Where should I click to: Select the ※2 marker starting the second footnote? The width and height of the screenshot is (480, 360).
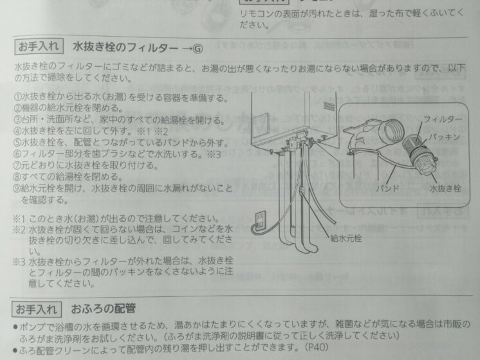coord(21,228)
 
